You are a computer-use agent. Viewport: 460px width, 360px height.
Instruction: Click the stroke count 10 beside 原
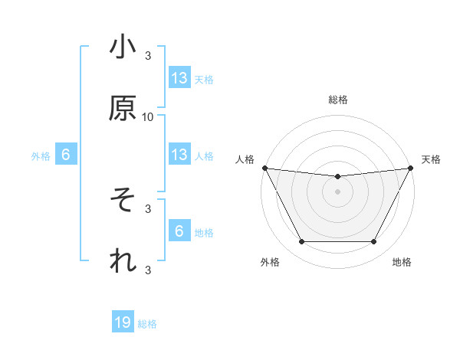(148, 116)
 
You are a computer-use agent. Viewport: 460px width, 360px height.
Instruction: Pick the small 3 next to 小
(148, 56)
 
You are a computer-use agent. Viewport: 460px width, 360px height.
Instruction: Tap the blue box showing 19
(123, 323)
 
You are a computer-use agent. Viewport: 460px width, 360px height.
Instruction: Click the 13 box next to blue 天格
(179, 78)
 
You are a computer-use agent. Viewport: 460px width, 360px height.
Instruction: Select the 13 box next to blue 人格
(179, 155)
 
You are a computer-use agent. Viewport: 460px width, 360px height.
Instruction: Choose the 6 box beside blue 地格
(179, 231)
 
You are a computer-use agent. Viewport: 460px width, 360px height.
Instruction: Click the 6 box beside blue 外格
(66, 155)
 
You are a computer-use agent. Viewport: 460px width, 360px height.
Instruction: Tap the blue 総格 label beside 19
(147, 324)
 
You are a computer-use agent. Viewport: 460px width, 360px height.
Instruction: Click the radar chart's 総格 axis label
(337, 100)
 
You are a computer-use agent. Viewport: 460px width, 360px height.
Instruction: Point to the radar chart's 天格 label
(431, 159)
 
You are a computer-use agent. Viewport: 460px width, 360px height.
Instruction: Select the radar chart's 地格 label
(402, 263)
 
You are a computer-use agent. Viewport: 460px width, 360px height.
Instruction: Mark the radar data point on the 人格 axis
(264, 168)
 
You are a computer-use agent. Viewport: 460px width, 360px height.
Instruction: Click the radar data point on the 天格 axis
(410, 168)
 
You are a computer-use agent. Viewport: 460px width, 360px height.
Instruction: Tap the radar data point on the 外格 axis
(301, 242)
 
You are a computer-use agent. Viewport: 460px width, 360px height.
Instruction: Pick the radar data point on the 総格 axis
(337, 177)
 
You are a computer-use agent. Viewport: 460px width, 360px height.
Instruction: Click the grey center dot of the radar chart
(337, 191)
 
